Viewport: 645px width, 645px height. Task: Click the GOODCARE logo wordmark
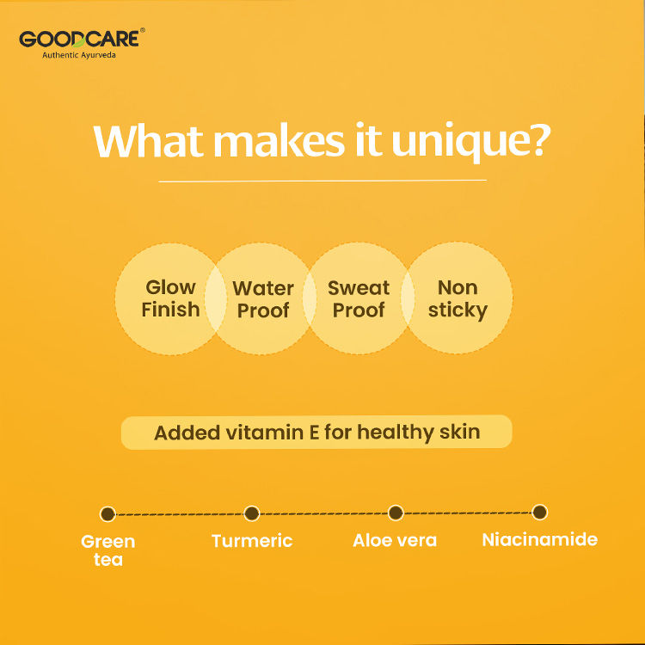point(79,40)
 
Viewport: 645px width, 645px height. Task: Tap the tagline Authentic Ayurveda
point(79,56)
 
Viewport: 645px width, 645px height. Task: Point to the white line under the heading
point(322,181)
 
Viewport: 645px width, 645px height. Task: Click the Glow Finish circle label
point(170,298)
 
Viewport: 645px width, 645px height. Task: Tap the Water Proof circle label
point(263,298)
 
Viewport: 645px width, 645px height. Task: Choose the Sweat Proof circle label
point(359,298)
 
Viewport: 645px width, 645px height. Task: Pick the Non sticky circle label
point(458,298)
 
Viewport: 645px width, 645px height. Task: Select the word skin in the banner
point(458,432)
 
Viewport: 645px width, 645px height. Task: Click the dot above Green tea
point(107,514)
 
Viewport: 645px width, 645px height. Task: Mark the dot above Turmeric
point(251,513)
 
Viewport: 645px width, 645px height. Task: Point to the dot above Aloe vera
point(396,513)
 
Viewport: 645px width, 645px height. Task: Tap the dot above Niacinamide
point(539,513)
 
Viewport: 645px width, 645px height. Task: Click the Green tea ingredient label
point(108,550)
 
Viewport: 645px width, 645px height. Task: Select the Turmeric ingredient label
point(252,541)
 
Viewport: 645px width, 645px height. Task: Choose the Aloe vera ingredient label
point(395,541)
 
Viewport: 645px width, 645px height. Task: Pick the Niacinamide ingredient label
point(539,540)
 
